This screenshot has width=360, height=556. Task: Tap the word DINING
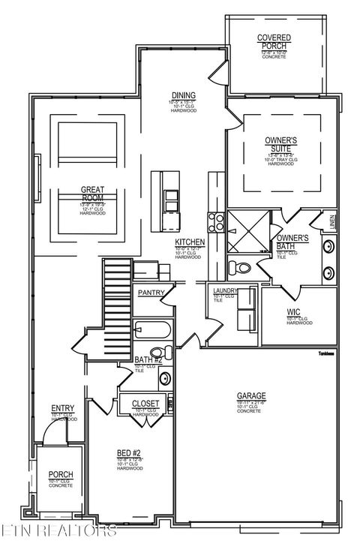(x=183, y=95)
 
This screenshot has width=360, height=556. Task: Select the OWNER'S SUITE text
(x=281, y=144)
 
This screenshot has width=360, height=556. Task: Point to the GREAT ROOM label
(x=93, y=194)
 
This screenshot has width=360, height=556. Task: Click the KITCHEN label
(x=190, y=242)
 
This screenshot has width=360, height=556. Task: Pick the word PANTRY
(x=151, y=293)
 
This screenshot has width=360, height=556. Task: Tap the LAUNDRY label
(x=225, y=291)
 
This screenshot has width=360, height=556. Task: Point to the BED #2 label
(x=129, y=452)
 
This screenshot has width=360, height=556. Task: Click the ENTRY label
(x=61, y=408)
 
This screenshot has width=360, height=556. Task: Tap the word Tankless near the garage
(x=325, y=353)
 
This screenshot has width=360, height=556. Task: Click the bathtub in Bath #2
(x=153, y=330)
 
